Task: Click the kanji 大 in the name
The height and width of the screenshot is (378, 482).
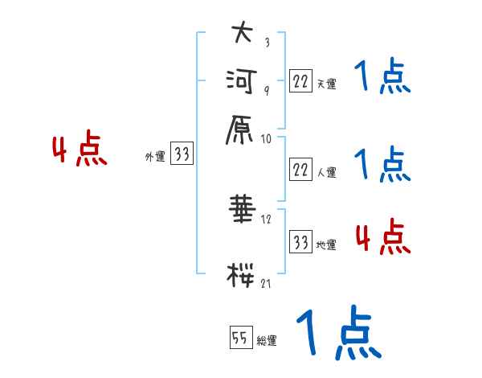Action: coord(243,32)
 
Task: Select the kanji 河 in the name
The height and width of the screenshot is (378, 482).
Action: coord(241,81)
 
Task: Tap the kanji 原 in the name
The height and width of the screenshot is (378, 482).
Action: coord(239,130)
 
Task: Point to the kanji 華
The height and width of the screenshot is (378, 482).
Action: coord(243,208)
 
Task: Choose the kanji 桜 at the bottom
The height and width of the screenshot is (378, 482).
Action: coord(241,275)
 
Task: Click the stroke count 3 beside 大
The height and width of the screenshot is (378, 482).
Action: coord(268,42)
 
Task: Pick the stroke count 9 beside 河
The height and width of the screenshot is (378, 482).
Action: coord(267,90)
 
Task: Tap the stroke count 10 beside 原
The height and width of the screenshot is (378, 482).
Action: coord(266,139)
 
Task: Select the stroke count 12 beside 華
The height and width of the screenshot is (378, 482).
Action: coord(266,220)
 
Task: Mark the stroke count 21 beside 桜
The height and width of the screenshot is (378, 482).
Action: coord(266,283)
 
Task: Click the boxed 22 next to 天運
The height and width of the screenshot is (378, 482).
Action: coord(300,81)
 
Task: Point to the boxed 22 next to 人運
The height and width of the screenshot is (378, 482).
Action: coord(300,170)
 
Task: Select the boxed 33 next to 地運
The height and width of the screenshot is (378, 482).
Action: coord(300,241)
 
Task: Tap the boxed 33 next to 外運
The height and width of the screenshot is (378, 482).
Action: coord(182,153)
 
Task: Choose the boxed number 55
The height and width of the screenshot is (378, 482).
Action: coord(241,337)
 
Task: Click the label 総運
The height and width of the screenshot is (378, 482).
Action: coord(267,340)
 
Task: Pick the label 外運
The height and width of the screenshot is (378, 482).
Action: coord(155,156)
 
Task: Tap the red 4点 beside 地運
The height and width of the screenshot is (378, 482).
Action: coord(383,236)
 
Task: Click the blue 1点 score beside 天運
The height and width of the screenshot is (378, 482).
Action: coord(382,76)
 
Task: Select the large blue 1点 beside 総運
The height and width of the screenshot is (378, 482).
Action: coord(339,333)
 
